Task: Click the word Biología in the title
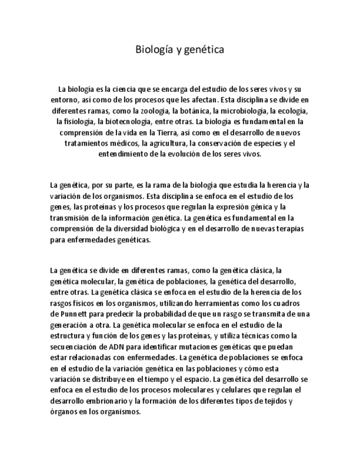click(153, 50)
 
